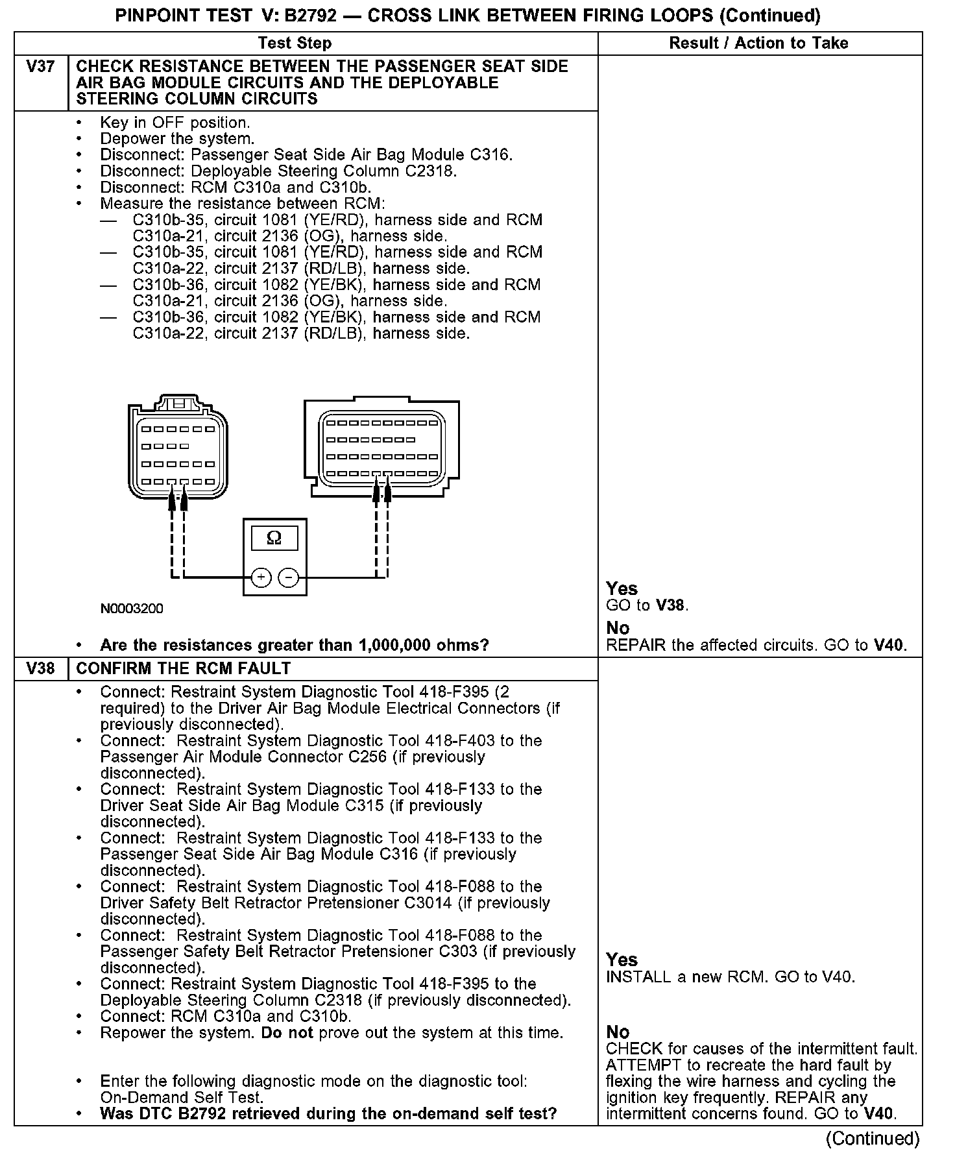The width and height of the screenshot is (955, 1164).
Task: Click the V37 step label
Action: (x=40, y=67)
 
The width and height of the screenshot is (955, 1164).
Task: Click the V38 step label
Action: (x=40, y=668)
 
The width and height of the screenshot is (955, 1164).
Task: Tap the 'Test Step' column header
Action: (x=295, y=43)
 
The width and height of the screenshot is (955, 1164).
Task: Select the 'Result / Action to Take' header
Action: (x=758, y=43)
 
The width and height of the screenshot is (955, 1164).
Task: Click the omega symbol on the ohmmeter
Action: (x=274, y=538)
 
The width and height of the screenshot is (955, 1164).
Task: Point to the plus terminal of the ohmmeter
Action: (x=261, y=577)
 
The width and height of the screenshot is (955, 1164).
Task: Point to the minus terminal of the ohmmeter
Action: (x=289, y=577)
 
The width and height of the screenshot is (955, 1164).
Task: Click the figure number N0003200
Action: (x=132, y=609)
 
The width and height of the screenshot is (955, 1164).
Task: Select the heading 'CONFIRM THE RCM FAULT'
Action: (x=184, y=668)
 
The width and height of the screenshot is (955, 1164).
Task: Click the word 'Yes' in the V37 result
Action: (x=622, y=588)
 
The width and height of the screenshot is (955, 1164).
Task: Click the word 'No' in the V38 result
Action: (x=618, y=1032)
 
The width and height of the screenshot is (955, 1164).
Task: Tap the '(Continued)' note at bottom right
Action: (x=872, y=1138)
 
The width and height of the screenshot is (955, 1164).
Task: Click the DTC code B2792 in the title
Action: (x=311, y=16)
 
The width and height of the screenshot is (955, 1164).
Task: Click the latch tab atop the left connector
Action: (x=178, y=402)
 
